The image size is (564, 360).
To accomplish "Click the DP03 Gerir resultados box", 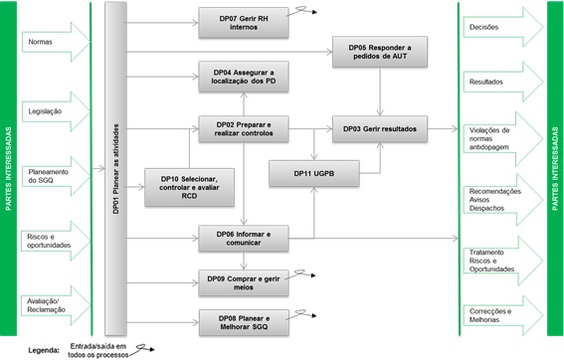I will coord(378,129).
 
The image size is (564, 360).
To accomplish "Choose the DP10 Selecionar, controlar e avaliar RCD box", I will coord(188,188).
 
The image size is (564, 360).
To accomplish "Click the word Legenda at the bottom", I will coord(32,350).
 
